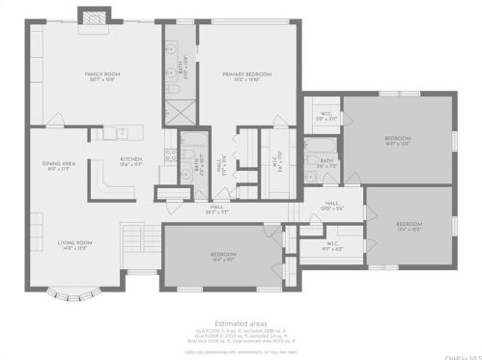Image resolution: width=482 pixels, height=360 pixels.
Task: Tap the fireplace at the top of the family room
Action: [x=95, y=16]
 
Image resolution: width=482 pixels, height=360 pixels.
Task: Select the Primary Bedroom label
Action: [x=247, y=76]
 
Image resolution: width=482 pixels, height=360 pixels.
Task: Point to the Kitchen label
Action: [x=131, y=161]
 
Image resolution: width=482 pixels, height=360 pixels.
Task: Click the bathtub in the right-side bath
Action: [x=319, y=147]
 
